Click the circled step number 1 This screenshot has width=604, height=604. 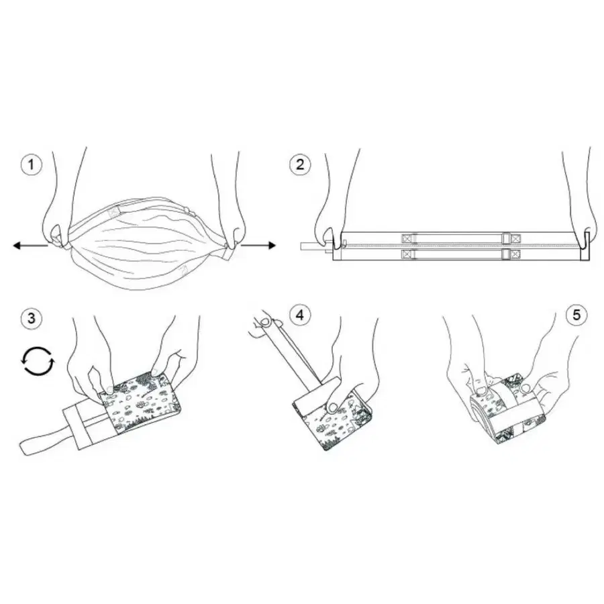pyautogui.click(x=31, y=165)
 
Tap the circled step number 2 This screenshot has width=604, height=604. pyautogui.click(x=300, y=165)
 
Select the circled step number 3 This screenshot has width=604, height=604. pyautogui.click(x=31, y=319)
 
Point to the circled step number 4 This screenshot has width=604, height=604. pyautogui.click(x=300, y=315)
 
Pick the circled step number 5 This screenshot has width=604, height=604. pyautogui.click(x=576, y=315)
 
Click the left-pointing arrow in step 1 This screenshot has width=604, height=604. pyautogui.click(x=30, y=246)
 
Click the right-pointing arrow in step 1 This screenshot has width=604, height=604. pyautogui.click(x=258, y=246)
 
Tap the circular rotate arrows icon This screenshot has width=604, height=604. pyautogui.click(x=38, y=361)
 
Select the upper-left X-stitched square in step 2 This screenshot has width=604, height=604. pyautogui.click(x=407, y=238)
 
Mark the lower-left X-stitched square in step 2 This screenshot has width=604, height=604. pyautogui.click(x=407, y=254)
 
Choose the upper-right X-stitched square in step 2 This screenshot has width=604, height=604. pyautogui.click(x=515, y=238)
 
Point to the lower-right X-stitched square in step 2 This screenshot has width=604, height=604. pyautogui.click(x=515, y=254)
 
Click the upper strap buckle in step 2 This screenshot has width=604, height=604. pyautogui.click(x=506, y=238)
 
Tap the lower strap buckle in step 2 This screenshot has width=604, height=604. pyautogui.click(x=506, y=254)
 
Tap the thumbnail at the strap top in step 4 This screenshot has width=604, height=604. pyautogui.click(x=265, y=321)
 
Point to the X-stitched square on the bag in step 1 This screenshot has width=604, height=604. pyautogui.click(x=114, y=211)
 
